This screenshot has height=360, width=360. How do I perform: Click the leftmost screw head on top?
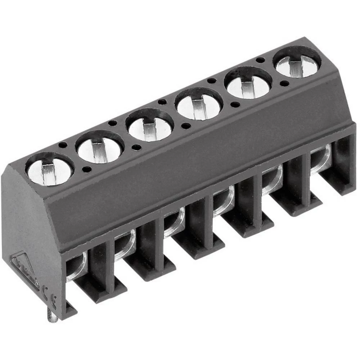point(49,169)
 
